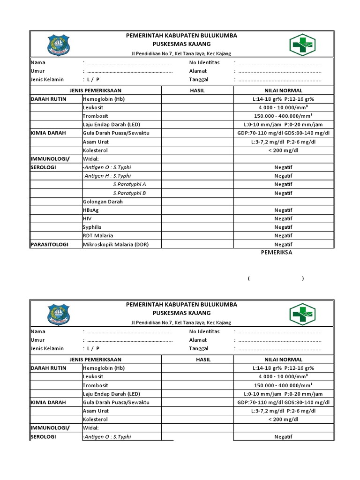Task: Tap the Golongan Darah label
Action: pos(103,202)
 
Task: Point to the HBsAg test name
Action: pos(91,210)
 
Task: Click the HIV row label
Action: pos(87,218)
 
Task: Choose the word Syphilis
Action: pos(92,227)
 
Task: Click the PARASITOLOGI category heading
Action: pos(50,244)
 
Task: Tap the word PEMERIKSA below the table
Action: pos(277,252)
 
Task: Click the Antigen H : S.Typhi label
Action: pos(107,176)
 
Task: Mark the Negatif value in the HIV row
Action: pos(283,218)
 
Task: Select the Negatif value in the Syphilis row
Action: pos(283,227)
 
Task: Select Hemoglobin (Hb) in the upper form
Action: pos(104,99)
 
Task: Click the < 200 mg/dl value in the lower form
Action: pos(283,419)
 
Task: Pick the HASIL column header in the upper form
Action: pos(197,90)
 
